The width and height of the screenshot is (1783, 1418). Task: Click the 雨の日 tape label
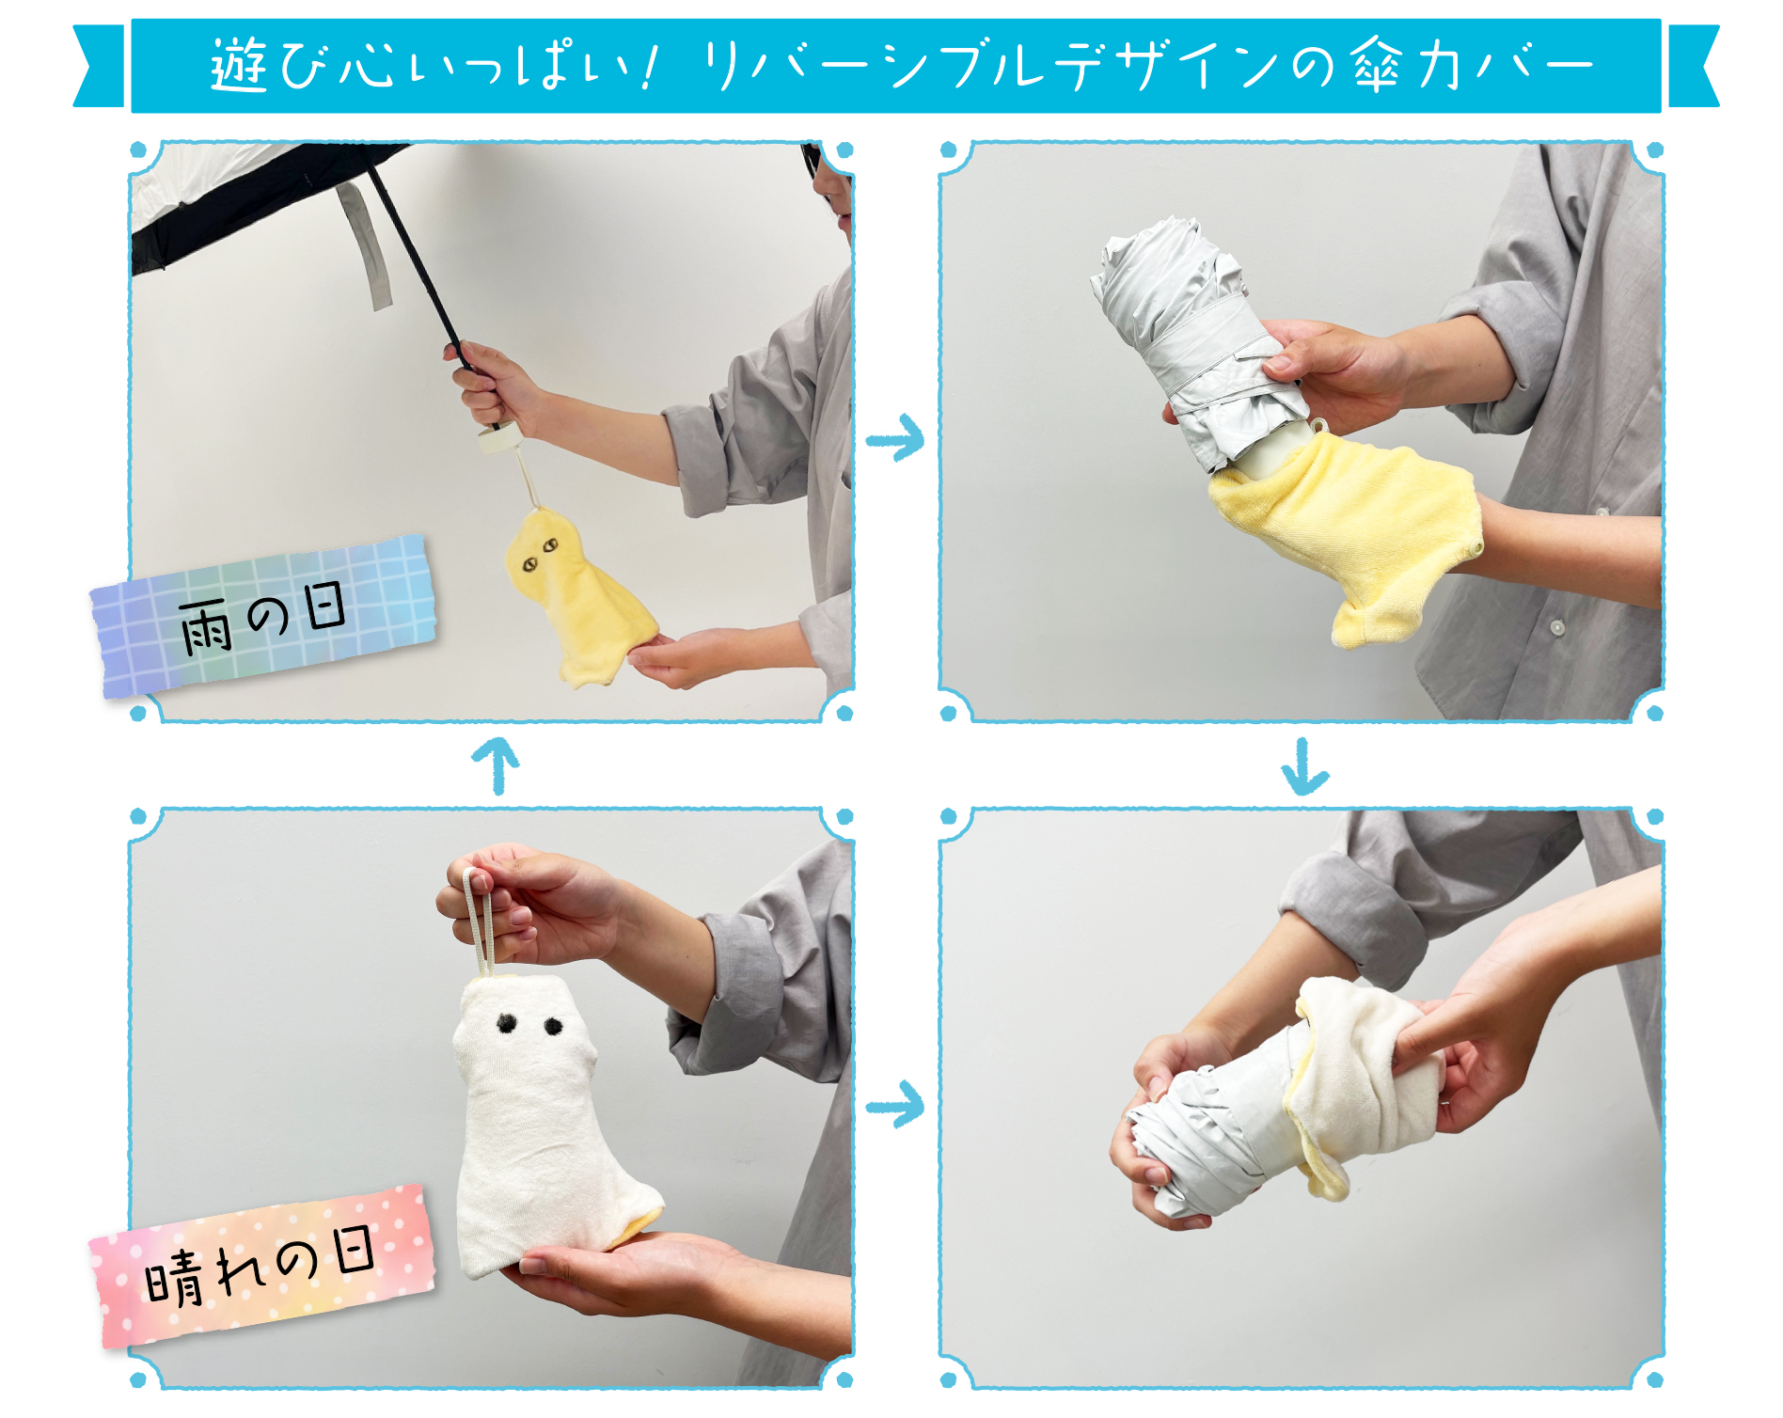pos(264,617)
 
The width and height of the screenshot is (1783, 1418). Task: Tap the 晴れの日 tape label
pos(262,1266)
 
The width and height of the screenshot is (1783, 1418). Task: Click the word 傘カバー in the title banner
pos(1473,66)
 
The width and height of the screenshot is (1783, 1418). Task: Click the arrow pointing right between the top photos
pos(895,437)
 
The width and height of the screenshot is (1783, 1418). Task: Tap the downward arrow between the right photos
pos(1304,767)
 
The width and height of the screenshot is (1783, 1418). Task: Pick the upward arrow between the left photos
pos(496,765)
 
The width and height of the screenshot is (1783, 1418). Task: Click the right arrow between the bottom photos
pos(895,1104)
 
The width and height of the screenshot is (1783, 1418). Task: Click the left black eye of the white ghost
pos(507,1023)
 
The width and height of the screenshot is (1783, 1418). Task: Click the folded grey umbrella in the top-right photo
pos(1196,344)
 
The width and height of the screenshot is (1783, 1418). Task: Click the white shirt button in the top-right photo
pos(1557,626)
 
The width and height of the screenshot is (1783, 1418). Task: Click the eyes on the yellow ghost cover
pos(539,554)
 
